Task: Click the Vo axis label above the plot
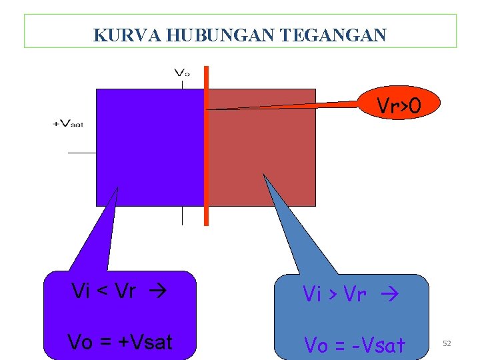click(181, 73)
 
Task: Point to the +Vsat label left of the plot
click(68, 124)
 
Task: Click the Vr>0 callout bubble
click(399, 104)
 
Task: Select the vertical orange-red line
click(206, 147)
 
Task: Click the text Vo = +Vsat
click(120, 342)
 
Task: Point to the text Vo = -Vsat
click(355, 345)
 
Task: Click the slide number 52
click(447, 343)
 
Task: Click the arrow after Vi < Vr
click(159, 291)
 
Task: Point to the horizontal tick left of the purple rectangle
click(81, 153)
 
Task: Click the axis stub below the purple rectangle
click(182, 215)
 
